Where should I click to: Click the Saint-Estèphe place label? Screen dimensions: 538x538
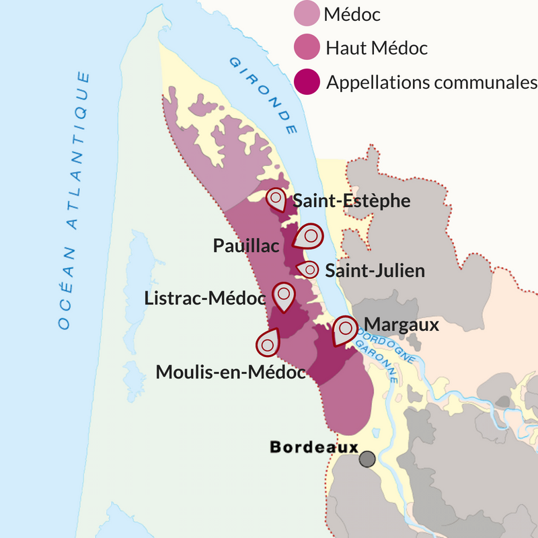tap(352, 200)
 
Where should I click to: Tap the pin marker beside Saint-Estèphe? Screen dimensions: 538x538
tap(276, 199)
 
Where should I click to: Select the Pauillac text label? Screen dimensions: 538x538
tap(246, 245)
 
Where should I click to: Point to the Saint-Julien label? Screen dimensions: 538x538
tap(375, 270)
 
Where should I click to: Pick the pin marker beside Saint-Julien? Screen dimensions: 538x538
tap(309, 270)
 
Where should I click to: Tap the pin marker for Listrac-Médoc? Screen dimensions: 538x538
tap(284, 295)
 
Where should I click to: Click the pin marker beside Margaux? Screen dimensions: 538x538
tap(346, 329)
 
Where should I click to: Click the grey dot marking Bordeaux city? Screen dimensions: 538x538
tap(367, 459)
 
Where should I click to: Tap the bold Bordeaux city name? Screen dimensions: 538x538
tap(313, 447)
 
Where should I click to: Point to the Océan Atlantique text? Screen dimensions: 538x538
tap(73, 202)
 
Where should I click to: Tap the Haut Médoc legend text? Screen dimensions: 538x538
tap(377, 48)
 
